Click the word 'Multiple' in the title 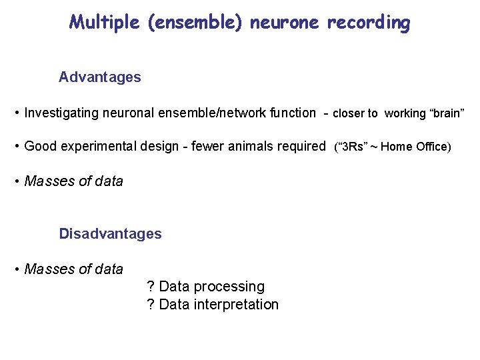(103, 23)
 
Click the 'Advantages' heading (100, 77)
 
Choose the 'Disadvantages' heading (110, 234)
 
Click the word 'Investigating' (61, 113)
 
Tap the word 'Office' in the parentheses (431, 147)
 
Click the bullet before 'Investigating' (16, 113)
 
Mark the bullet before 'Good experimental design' (16, 146)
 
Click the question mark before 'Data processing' (151, 287)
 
